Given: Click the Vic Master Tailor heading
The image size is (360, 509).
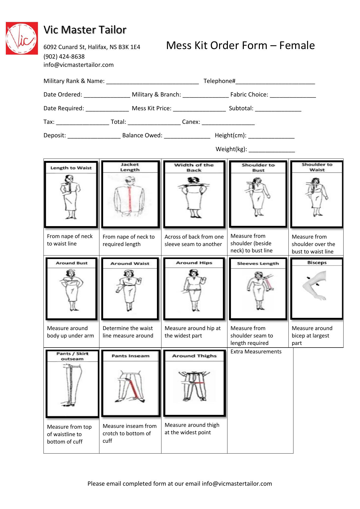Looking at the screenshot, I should coord(85,30).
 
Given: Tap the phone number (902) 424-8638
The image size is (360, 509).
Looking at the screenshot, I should coord(64,56).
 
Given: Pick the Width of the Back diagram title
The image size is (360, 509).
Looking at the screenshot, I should coord(194,168).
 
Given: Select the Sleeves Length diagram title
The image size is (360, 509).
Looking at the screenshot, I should coord(258,264).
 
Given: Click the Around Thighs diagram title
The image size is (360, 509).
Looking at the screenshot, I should coord(194,356).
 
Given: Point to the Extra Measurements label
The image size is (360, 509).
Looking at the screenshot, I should coord(256,352).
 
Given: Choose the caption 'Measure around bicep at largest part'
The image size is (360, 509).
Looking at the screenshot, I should coord(312,336).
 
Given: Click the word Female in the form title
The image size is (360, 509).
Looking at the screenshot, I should coord(297,45).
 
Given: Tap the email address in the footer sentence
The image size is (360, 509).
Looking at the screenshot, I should coord(237,484).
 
